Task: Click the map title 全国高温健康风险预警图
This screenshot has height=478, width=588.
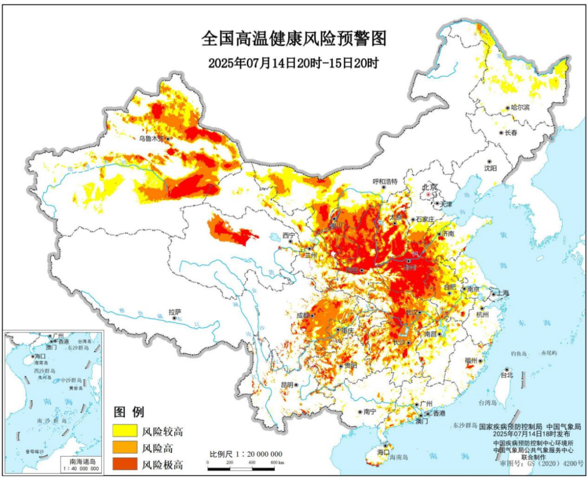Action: [x=293, y=40]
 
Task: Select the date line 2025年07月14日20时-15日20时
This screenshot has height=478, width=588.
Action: [x=293, y=62]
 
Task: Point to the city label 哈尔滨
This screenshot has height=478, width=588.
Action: [x=520, y=108]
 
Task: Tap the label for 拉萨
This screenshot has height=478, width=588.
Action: [x=174, y=312]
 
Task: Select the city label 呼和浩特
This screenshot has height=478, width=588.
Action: [x=385, y=180]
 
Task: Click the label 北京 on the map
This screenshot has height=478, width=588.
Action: [x=430, y=187]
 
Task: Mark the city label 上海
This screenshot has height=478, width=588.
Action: [x=501, y=294]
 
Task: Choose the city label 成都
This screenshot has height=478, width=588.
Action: [x=303, y=315]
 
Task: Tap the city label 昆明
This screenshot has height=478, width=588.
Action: [x=286, y=385]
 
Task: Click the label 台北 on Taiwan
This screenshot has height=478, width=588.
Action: [x=506, y=376]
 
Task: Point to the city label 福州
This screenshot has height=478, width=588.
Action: [x=471, y=361]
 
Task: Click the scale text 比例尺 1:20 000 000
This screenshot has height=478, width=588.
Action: [x=246, y=454]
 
